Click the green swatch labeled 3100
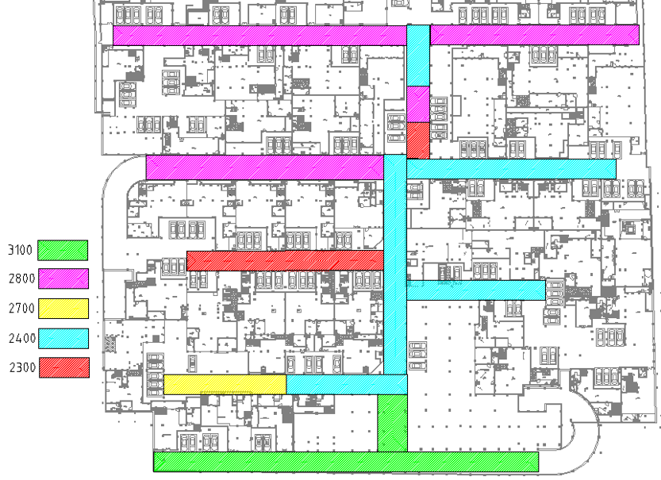(x=63, y=250)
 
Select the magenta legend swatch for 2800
(x=63, y=278)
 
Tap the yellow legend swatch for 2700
(x=63, y=309)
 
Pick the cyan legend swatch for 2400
(x=63, y=338)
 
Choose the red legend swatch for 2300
(x=63, y=367)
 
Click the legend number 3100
(x=20, y=251)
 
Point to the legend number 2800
(x=20, y=279)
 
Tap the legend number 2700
(x=20, y=309)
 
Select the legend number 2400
(x=20, y=339)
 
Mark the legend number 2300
(x=20, y=368)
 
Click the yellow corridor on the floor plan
(x=225, y=384)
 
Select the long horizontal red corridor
(x=285, y=260)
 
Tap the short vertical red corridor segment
(x=418, y=140)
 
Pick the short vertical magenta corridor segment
(x=418, y=104)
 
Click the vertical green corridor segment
(x=392, y=423)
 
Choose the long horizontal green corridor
(x=345, y=462)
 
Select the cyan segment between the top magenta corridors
(x=418, y=56)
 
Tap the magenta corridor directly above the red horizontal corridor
(x=264, y=167)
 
